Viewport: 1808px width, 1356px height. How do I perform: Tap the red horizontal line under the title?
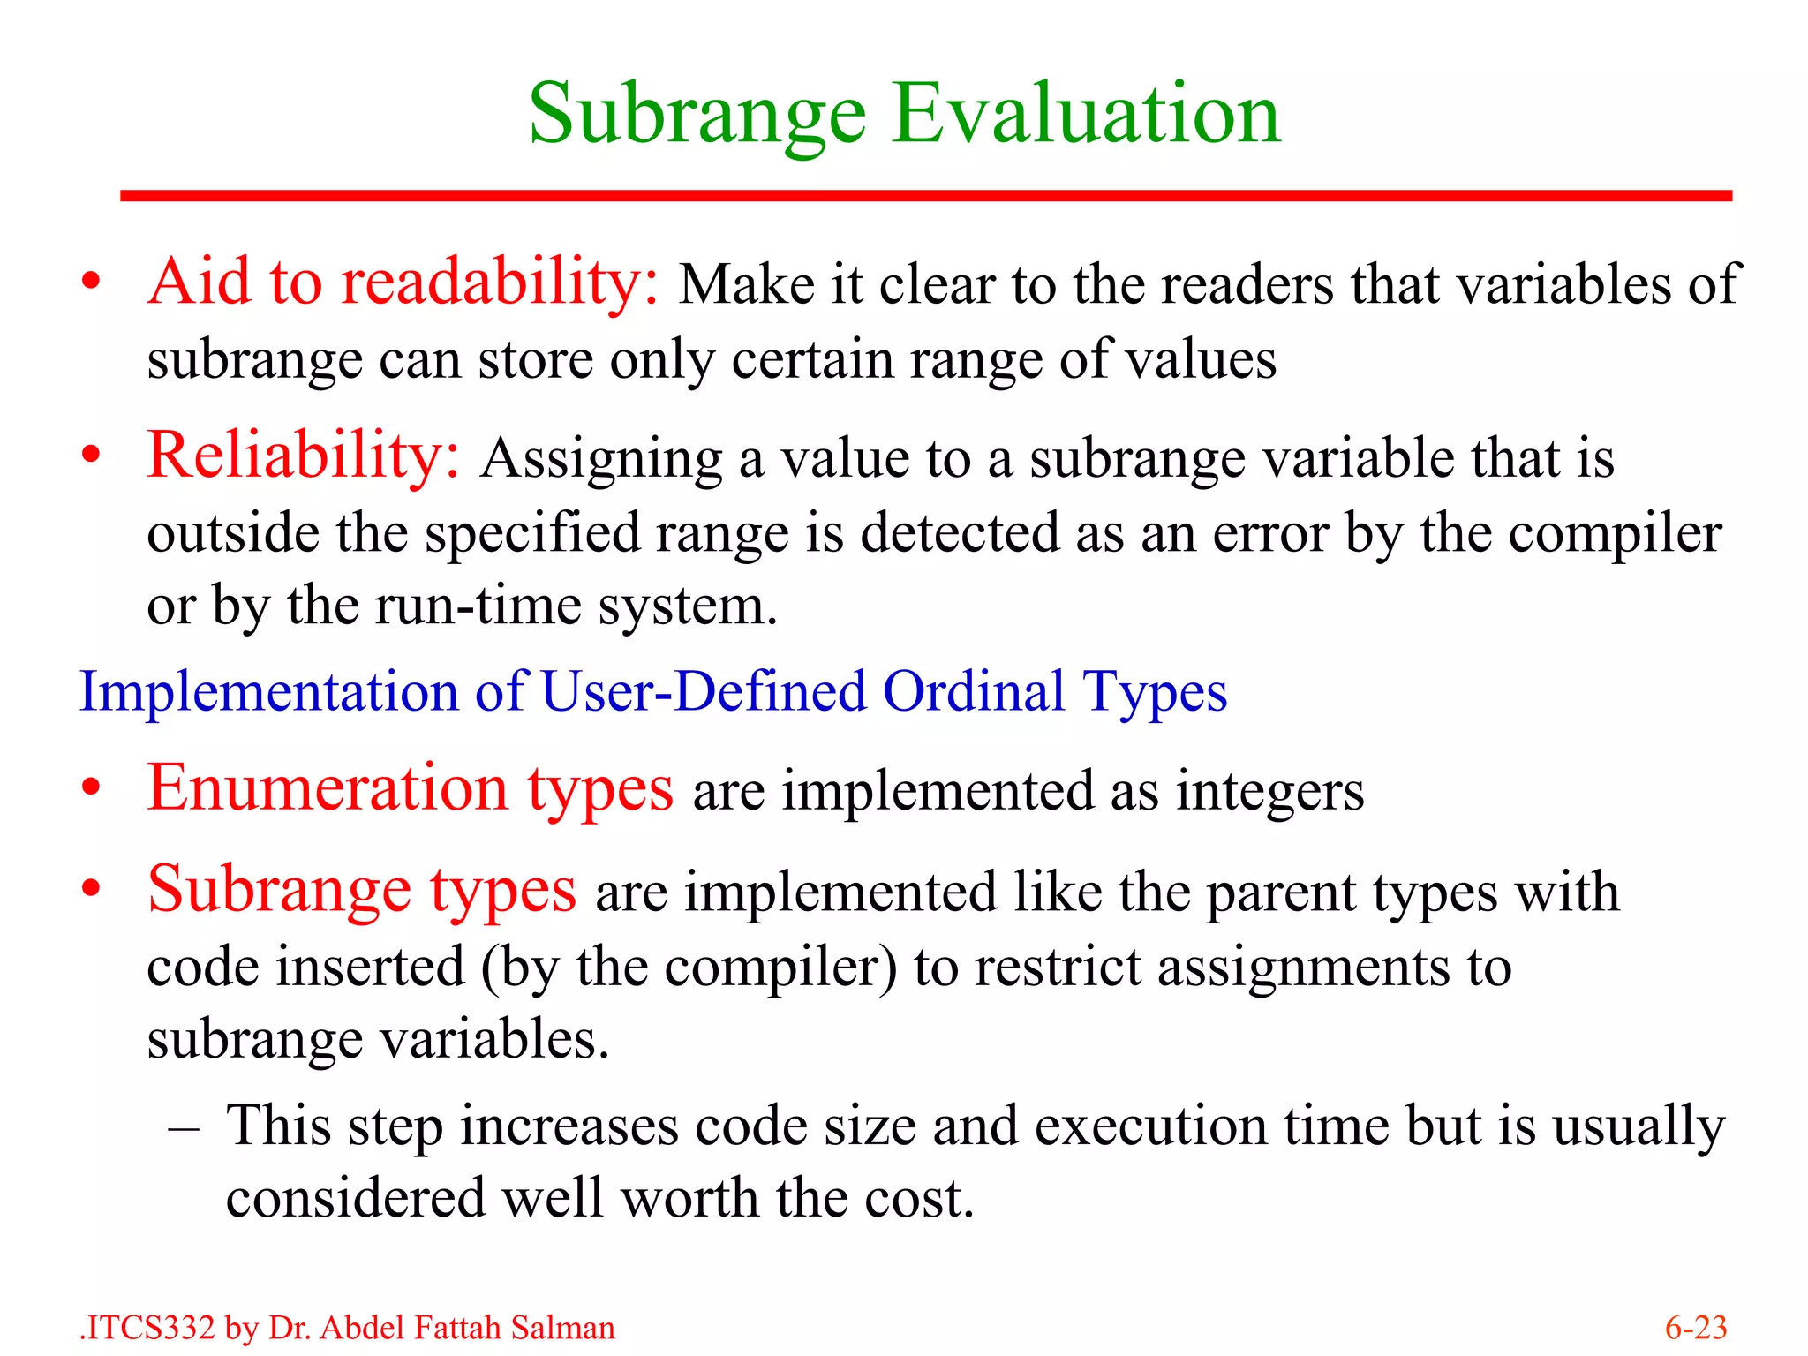(x=925, y=195)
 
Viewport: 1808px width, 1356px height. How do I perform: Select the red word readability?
(x=500, y=283)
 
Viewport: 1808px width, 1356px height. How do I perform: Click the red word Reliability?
(x=304, y=456)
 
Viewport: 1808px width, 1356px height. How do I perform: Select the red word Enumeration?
(x=328, y=787)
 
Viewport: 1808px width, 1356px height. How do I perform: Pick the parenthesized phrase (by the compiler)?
(x=689, y=968)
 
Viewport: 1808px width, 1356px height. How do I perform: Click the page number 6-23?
(x=1695, y=1328)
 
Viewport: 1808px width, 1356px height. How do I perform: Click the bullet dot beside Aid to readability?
(x=91, y=282)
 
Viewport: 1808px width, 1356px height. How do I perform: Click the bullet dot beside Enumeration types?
(x=91, y=788)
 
